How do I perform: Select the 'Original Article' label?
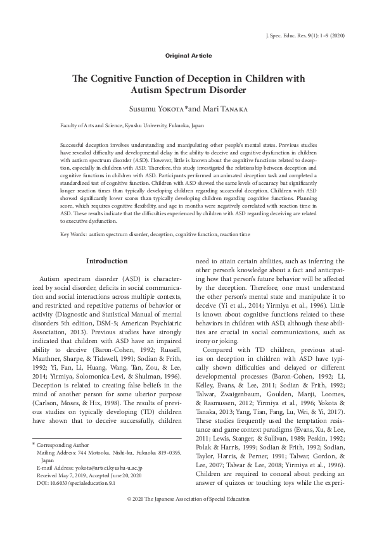click(188, 56)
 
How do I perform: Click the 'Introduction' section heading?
click(106, 261)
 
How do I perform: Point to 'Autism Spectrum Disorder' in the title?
click(188, 91)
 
